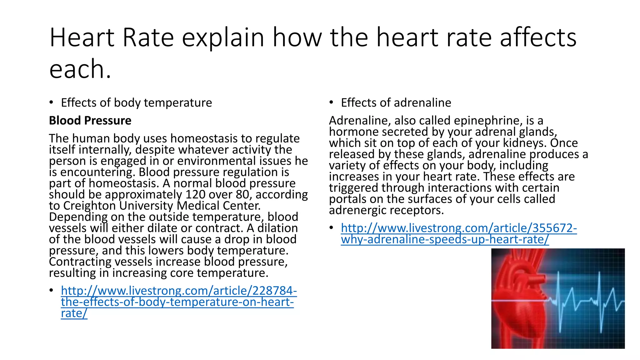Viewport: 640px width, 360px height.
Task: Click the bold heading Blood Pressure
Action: [90, 121]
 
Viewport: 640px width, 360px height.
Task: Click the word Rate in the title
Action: [148, 37]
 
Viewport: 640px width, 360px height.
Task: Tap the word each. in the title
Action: [80, 69]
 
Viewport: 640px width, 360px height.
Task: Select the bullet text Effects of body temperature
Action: [136, 103]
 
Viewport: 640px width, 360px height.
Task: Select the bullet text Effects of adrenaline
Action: [396, 103]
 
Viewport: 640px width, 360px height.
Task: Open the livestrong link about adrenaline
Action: [458, 234]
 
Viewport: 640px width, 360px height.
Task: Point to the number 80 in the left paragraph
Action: [242, 195]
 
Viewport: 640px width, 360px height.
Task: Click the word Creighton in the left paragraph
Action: [89, 206]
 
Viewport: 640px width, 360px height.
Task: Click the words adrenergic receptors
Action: [386, 210]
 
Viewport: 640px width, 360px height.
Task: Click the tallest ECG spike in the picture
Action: [560, 287]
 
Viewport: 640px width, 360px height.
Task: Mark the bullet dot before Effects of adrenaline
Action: [331, 102]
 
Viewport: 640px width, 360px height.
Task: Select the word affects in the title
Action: [538, 37]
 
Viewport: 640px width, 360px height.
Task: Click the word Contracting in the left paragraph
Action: [80, 262]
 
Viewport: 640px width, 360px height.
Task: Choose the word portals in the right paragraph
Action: [347, 199]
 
